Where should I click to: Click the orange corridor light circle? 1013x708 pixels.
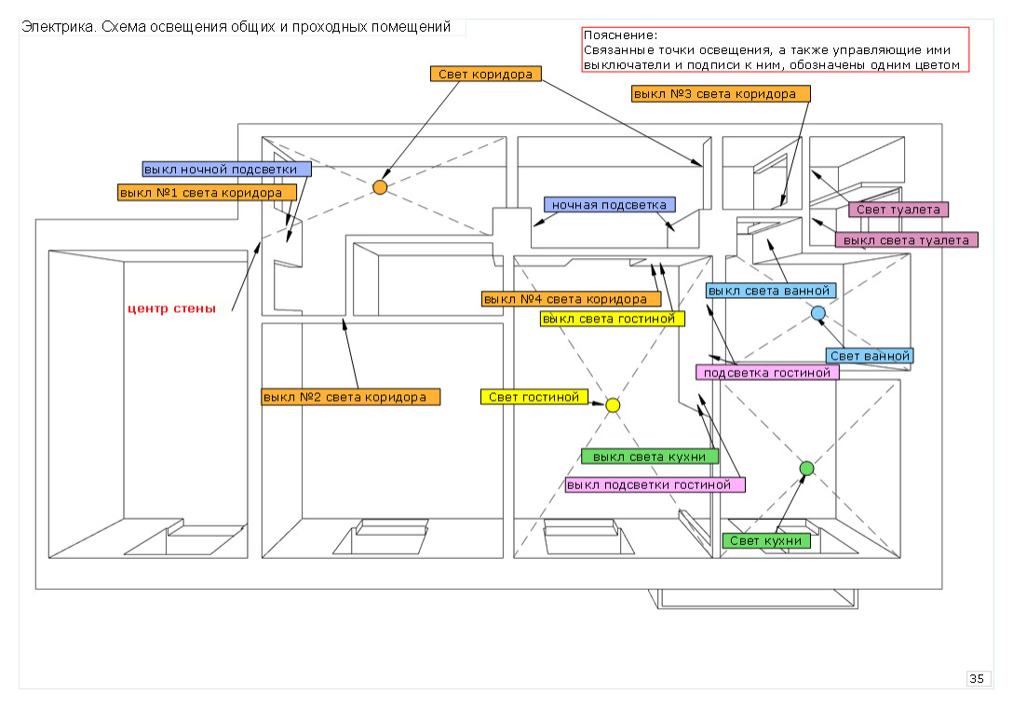click(x=380, y=187)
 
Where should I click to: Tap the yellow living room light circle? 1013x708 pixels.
click(x=613, y=405)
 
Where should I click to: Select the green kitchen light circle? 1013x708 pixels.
click(x=806, y=468)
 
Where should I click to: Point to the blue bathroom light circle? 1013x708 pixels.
click(x=818, y=313)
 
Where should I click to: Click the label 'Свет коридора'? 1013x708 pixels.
click(x=486, y=74)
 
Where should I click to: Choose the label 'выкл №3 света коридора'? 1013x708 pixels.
click(x=720, y=94)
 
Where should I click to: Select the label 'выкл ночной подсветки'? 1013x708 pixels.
click(x=226, y=170)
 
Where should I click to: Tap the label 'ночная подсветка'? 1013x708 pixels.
click(x=610, y=204)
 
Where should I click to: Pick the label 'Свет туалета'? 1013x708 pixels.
click(x=898, y=210)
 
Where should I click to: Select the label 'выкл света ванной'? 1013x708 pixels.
click(x=769, y=291)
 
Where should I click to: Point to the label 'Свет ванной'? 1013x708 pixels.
click(x=870, y=356)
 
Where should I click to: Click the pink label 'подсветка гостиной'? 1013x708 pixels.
click(x=767, y=373)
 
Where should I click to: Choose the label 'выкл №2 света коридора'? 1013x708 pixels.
click(x=350, y=397)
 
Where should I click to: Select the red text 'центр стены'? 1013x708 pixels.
click(x=172, y=308)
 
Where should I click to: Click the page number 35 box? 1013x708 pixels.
click(x=977, y=678)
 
